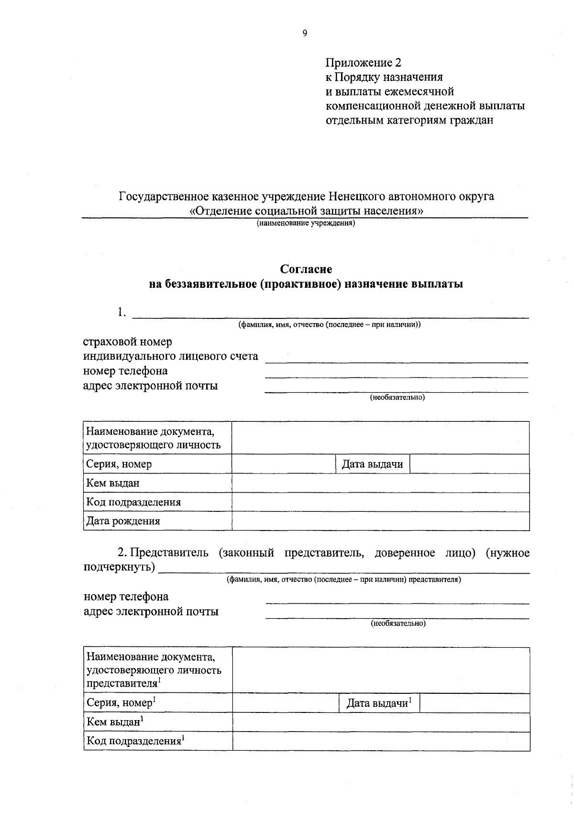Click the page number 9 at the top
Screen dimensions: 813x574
305,33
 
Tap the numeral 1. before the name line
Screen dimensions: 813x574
121,313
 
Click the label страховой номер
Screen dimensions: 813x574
127,342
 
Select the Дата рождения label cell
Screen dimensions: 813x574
123,521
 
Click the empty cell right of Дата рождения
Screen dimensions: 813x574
380,521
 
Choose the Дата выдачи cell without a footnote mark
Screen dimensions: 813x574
372,464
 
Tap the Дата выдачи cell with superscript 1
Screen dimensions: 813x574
379,703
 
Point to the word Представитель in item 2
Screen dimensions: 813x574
169,553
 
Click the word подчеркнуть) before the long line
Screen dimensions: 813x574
119,568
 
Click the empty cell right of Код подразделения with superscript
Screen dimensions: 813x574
381,741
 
